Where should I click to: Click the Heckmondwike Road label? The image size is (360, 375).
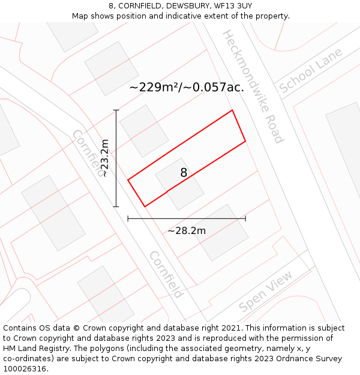click(x=252, y=86)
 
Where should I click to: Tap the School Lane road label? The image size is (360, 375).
click(x=311, y=70)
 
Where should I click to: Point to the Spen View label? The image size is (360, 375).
click(x=266, y=291)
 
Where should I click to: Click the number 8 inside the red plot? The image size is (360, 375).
click(x=184, y=173)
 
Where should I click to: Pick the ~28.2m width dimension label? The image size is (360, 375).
click(x=187, y=231)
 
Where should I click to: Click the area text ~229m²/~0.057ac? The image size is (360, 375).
click(x=187, y=87)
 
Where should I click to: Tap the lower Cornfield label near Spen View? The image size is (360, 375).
click(x=166, y=274)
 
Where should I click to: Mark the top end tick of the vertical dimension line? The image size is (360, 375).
click(x=116, y=110)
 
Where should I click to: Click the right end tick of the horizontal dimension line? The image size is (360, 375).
click(x=245, y=219)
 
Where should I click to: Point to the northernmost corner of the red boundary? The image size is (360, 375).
click(x=232, y=110)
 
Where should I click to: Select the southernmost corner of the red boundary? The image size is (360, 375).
click(x=145, y=207)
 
